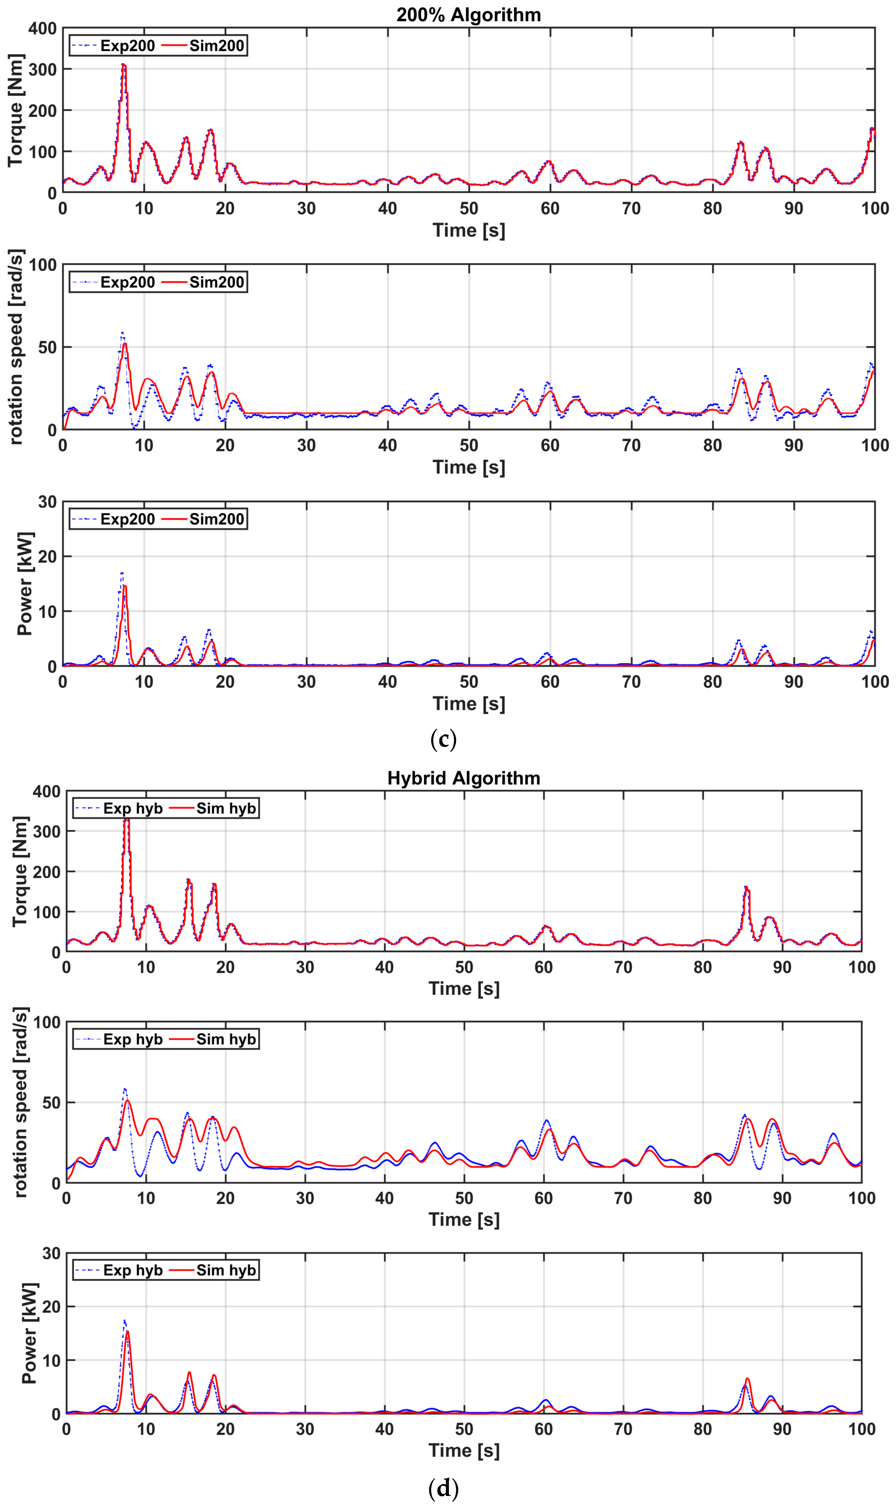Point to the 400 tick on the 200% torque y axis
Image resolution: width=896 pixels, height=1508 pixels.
42,29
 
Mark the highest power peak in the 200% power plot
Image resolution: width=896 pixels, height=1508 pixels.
122,573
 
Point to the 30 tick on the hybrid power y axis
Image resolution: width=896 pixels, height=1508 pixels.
51,1254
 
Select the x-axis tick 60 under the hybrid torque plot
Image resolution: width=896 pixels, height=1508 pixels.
543,967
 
